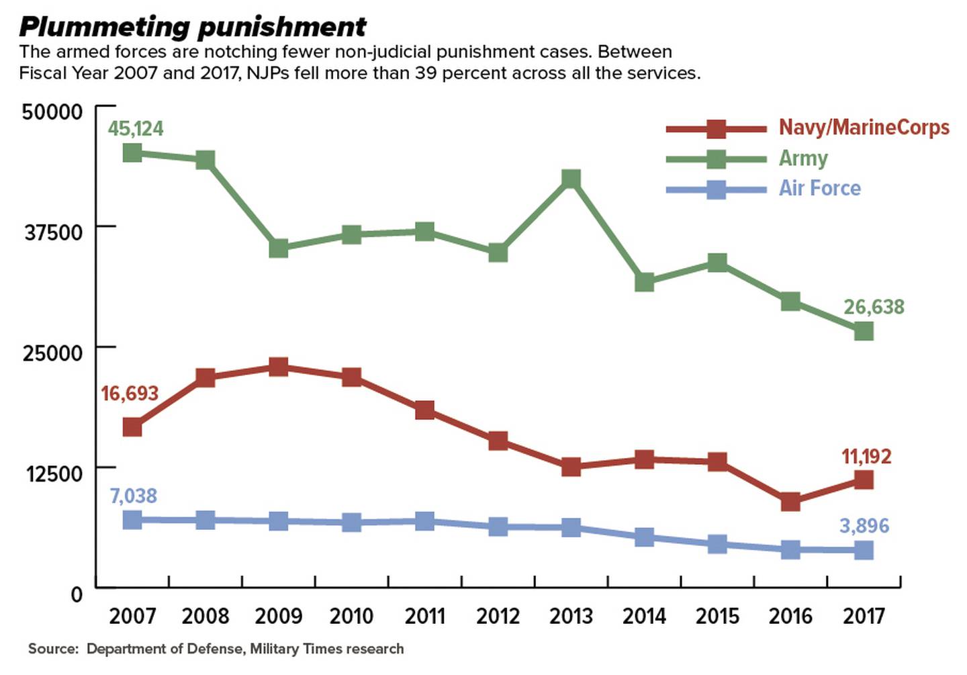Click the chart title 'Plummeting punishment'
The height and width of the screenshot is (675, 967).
[193, 27]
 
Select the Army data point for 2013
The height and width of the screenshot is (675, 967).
[571, 179]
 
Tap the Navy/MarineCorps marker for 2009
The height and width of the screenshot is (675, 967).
[279, 367]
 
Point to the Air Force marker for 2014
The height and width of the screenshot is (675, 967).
[644, 537]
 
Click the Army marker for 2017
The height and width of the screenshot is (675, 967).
[864, 330]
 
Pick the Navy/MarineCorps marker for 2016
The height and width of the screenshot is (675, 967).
[790, 501]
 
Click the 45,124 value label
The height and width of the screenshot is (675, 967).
[136, 128]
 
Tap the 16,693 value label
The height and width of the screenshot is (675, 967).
[130, 393]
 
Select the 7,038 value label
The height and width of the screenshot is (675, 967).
[133, 496]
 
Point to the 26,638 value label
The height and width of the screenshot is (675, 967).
[874, 307]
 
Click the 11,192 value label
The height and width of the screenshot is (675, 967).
[866, 457]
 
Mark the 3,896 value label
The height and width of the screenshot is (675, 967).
[864, 525]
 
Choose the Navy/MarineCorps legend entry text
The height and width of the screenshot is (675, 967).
[864, 127]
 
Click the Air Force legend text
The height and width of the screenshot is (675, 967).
[819, 188]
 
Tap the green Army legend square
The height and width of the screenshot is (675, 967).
[717, 159]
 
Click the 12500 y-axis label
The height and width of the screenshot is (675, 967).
[54, 474]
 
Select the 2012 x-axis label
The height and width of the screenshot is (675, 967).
[498, 616]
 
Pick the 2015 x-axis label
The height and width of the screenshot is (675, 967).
[717, 616]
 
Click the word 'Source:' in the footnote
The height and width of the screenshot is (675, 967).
[53, 649]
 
